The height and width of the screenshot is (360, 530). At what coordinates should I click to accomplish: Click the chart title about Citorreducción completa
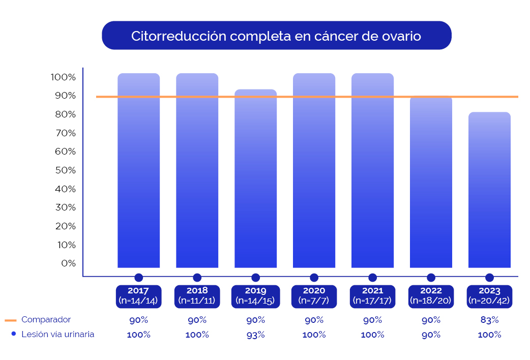point(276,36)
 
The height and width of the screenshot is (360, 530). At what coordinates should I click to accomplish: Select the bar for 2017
point(138,170)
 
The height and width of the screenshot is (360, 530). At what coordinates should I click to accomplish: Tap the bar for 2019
point(255,178)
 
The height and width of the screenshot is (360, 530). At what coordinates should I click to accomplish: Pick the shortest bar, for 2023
point(489,190)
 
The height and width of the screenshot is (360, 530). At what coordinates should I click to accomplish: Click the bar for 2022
point(431,182)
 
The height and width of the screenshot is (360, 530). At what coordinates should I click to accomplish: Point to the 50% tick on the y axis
point(66,170)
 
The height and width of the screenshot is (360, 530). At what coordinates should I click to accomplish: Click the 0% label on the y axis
point(68,263)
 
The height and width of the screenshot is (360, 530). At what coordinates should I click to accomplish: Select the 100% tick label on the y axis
point(63,77)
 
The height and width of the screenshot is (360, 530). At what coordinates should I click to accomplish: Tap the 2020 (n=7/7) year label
point(314,296)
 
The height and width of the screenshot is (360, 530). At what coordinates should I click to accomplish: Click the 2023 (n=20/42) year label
point(489,296)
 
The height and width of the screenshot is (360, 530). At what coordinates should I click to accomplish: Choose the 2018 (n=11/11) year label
point(197,296)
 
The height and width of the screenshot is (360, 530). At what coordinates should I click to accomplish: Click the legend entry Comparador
point(46,320)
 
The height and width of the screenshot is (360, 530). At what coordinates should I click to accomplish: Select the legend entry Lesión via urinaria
point(57,334)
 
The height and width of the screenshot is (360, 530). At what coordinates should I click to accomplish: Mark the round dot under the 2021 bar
point(372,278)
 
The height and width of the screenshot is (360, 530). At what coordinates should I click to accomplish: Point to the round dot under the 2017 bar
point(138,278)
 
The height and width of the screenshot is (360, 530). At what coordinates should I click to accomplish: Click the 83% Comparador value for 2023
point(489,320)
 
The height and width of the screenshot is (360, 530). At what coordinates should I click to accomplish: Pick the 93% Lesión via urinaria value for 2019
point(255,335)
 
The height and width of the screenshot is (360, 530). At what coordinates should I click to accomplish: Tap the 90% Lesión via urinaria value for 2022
point(431,335)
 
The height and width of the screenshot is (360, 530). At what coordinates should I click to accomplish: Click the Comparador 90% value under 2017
point(138,320)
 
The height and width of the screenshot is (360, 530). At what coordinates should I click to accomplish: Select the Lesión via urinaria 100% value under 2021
point(372,335)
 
